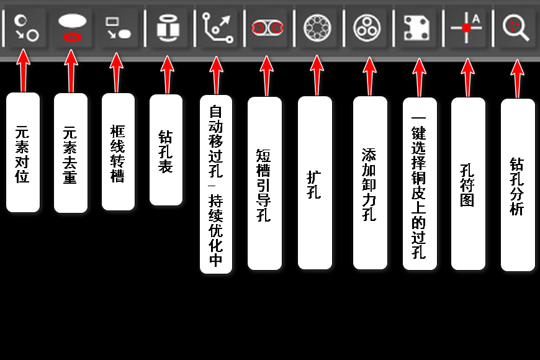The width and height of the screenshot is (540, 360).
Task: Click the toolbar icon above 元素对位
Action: (x=26, y=28)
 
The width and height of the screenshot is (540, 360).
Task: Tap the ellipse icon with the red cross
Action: (x=72, y=27)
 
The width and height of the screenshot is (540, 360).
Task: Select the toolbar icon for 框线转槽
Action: (x=118, y=27)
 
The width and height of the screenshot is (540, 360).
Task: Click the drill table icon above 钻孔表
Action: (x=168, y=28)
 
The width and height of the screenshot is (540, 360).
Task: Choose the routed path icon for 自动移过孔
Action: (x=218, y=28)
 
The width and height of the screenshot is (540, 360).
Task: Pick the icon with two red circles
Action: (x=268, y=28)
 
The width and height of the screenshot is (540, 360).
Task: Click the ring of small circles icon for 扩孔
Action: (x=317, y=28)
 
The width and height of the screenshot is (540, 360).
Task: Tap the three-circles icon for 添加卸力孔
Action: (x=367, y=28)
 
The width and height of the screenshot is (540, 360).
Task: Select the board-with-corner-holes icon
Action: (x=416, y=28)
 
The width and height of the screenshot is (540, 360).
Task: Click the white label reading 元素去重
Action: (x=71, y=153)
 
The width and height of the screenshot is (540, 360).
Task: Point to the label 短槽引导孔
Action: (x=264, y=183)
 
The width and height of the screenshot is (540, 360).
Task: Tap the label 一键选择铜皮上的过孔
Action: (x=420, y=184)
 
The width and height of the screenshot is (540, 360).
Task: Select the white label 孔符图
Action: (x=468, y=184)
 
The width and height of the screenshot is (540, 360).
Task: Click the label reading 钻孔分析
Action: (x=518, y=185)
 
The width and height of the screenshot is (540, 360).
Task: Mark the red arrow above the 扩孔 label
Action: (x=317, y=75)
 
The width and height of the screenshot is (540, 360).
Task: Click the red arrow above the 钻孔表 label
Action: (x=168, y=74)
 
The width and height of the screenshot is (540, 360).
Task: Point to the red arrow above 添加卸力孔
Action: (x=369, y=76)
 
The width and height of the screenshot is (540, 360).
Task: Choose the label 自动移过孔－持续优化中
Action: (x=216, y=184)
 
